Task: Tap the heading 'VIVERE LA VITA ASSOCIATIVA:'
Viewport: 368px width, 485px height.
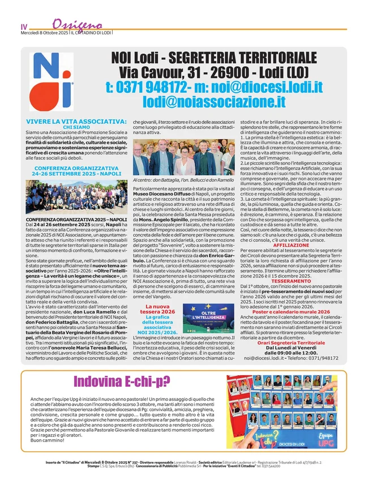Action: tap(76, 121)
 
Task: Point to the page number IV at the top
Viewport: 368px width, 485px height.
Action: tap(24, 27)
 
